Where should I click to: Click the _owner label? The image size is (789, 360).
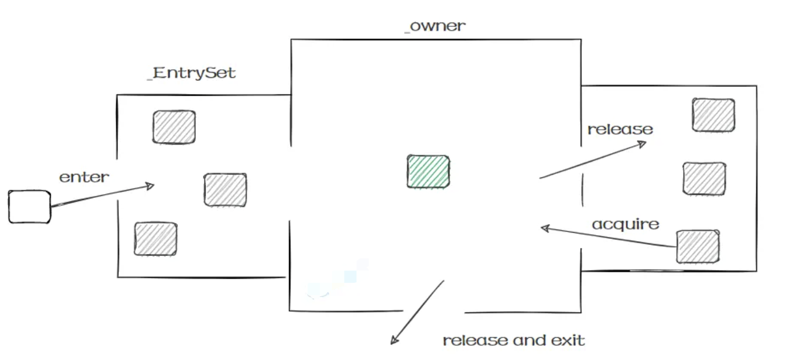436,26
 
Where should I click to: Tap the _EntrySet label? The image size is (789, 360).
192,73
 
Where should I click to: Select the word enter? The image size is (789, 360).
84,177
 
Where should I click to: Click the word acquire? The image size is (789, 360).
625,225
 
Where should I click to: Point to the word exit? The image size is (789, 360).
568,340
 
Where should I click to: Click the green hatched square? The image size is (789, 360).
428,171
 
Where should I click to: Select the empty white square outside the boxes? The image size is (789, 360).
29,207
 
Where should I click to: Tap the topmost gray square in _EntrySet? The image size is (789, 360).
174,127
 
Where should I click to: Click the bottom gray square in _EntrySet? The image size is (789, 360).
156,239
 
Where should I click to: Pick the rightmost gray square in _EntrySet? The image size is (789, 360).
225,190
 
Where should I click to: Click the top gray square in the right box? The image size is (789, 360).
714,115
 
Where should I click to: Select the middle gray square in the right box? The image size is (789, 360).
704,178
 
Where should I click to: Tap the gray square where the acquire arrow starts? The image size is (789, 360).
698,247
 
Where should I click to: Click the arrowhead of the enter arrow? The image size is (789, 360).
151,186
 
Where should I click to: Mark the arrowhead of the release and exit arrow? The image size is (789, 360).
394,340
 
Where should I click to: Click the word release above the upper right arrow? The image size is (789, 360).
621,130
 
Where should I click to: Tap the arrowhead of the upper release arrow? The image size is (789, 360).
643,144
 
